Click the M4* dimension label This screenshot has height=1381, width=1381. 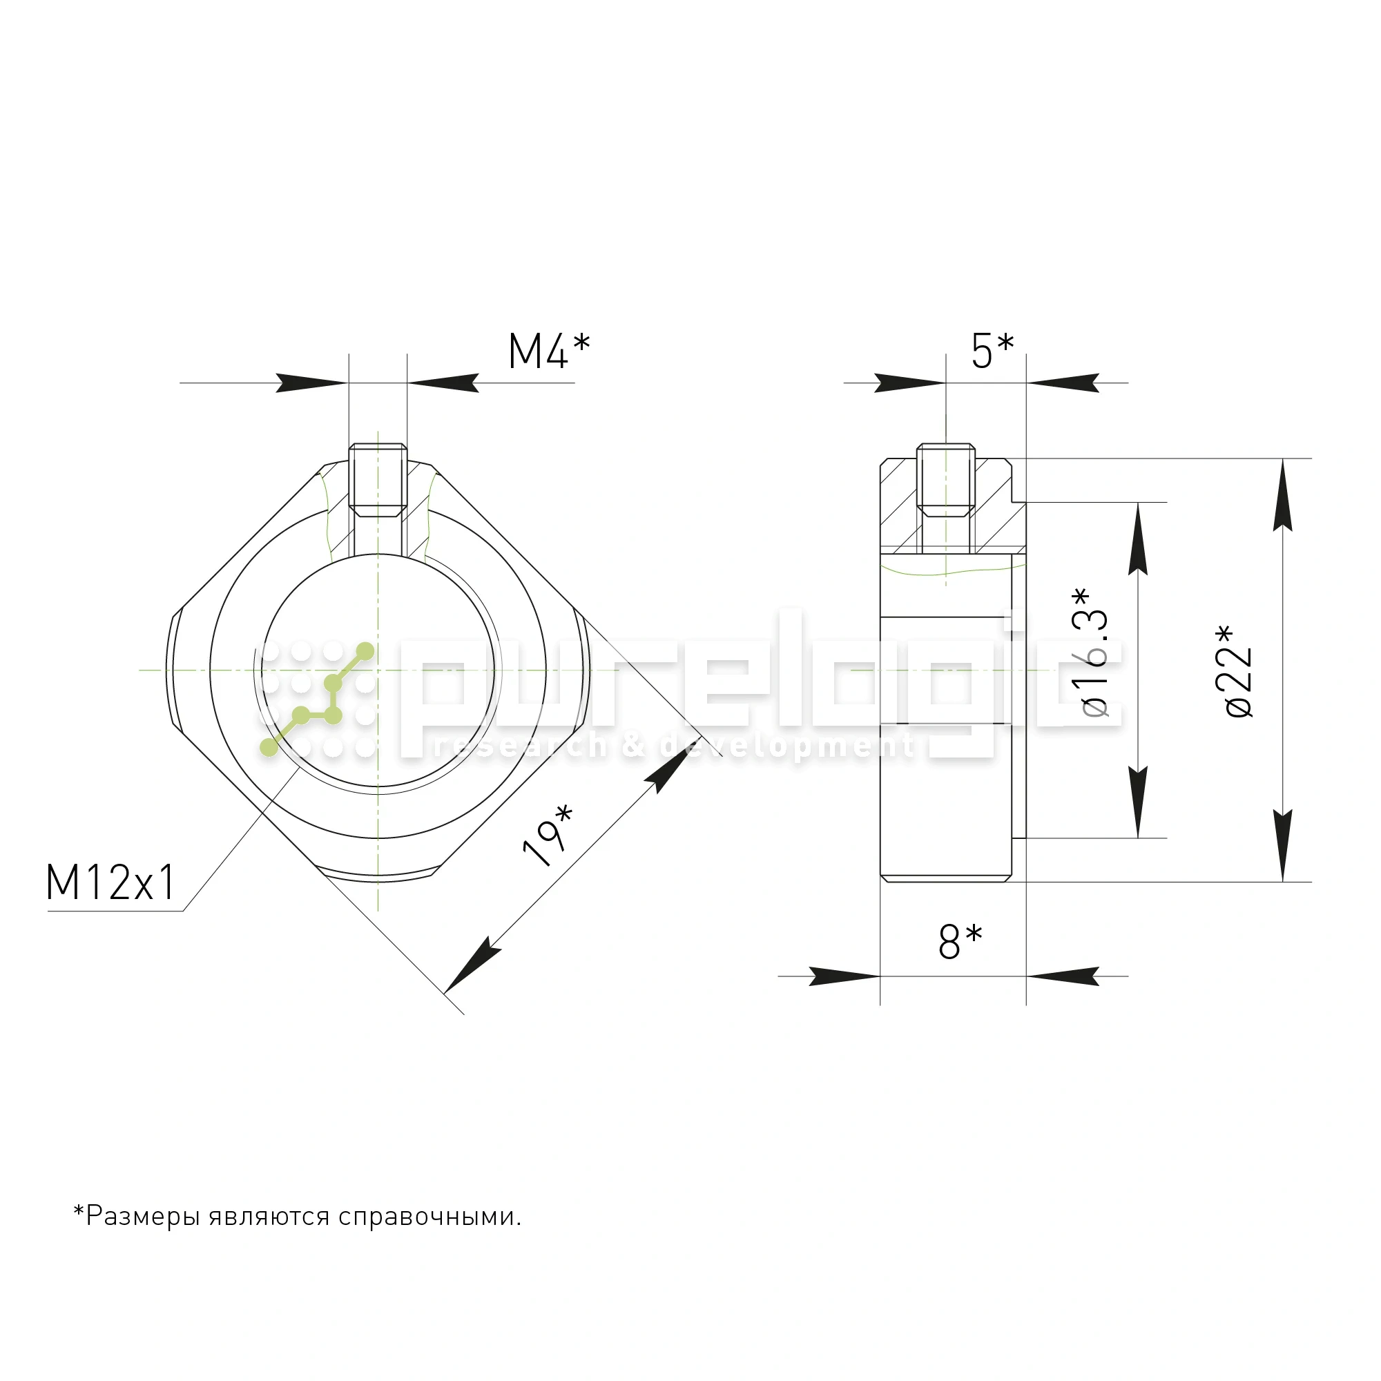pos(549,351)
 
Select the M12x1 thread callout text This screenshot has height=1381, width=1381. pos(110,882)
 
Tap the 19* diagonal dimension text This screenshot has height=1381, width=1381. pos(548,836)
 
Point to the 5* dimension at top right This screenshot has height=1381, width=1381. pos(992,351)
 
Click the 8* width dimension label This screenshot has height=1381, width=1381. pos(960,941)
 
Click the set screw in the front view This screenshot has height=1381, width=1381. pos(378,481)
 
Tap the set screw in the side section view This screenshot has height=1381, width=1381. pos(946,480)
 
